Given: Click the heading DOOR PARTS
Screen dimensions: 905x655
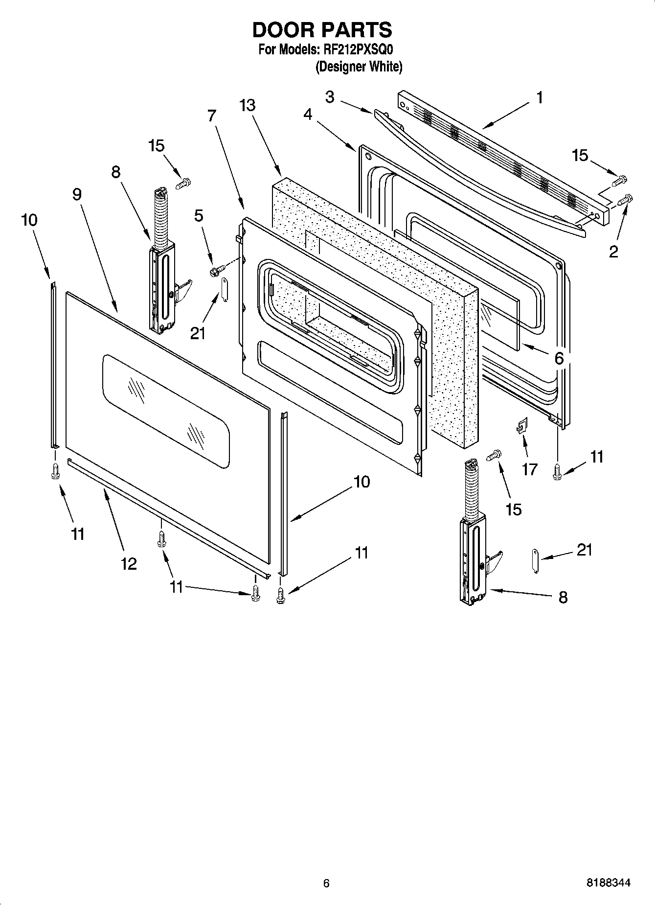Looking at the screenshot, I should point(322,30).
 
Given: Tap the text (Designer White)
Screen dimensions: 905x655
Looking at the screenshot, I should point(359,67).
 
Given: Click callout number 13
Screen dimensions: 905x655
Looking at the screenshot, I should point(248,105).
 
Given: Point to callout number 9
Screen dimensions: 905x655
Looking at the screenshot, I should point(77,194).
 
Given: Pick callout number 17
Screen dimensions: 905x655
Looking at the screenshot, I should point(530,469).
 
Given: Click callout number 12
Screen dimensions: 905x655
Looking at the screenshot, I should point(129,563).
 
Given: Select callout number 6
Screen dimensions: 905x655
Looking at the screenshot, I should point(559,358).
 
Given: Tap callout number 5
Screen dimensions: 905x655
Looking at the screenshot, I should point(199,215).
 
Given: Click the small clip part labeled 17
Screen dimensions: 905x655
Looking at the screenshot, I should point(521,426).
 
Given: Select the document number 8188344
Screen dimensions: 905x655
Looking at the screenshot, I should point(608,883).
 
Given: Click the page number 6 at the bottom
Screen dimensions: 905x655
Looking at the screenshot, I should point(326,883).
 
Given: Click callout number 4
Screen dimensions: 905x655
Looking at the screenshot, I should point(307,114).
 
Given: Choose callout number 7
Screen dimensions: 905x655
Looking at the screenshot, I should point(211,116).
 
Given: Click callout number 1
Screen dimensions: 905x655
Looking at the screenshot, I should point(540,98).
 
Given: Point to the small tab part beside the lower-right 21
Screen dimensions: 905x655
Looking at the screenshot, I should point(535,560).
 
